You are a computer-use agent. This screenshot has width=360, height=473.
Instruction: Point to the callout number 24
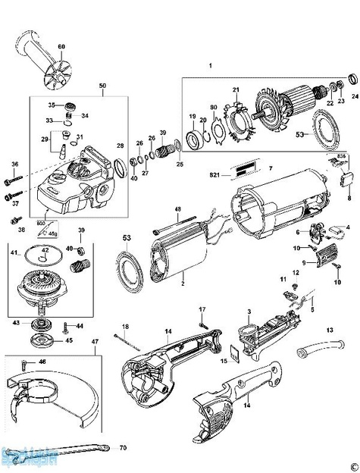click(355, 96)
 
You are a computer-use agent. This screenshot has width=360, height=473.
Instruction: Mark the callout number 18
click(126, 326)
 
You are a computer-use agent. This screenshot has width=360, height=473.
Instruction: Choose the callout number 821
click(214, 175)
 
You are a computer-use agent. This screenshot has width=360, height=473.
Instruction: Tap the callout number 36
click(14, 164)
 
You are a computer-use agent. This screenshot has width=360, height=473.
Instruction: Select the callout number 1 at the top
click(210, 67)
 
